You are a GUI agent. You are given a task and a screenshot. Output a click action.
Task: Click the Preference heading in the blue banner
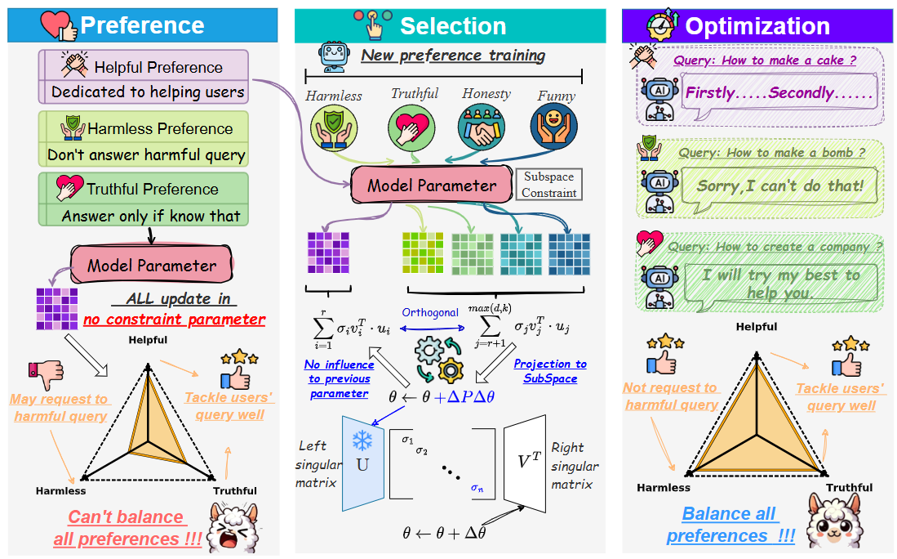pos(142,25)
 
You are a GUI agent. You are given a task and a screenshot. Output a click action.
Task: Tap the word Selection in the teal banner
pos(452,26)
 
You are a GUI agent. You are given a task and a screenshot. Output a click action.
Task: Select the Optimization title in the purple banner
pos(757,26)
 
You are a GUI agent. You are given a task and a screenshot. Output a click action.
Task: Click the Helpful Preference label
pos(158,67)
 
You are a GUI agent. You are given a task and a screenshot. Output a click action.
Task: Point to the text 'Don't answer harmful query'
pos(146,154)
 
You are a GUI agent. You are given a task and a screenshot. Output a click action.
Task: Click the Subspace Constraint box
pos(548,185)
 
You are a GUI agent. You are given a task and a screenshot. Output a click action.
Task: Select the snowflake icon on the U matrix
pos(361,440)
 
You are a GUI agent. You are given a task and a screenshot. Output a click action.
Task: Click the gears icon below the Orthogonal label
pos(438,360)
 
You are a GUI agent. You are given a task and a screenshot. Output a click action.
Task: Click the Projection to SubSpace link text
pos(550,371)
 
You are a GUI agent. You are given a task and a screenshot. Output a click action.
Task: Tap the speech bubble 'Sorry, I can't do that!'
pos(779,186)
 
